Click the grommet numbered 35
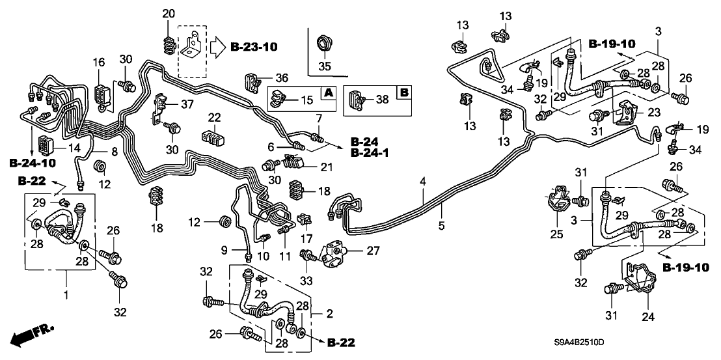click(323, 44)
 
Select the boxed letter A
click(329, 94)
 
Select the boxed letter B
click(403, 94)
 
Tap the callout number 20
click(169, 14)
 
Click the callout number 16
click(98, 62)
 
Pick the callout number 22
click(215, 117)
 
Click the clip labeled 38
click(357, 100)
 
